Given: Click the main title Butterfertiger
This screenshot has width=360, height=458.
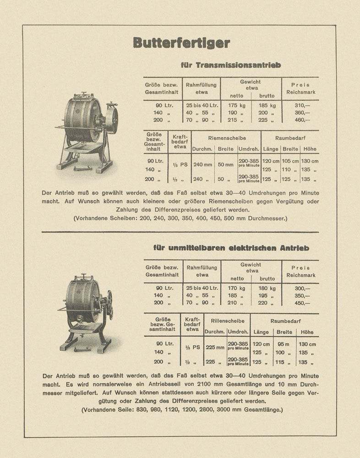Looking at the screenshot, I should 181,43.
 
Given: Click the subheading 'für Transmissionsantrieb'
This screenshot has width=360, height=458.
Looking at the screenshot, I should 231,65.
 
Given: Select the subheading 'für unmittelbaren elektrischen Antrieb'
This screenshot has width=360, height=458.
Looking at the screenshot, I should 231,248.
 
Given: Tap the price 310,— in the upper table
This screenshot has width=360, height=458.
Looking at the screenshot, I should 302,105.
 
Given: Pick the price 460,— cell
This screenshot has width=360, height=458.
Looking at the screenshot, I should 302,120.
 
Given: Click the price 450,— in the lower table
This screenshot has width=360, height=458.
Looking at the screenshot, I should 302,303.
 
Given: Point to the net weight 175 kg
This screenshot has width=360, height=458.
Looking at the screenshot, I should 237,105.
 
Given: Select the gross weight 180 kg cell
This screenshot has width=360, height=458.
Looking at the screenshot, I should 267,288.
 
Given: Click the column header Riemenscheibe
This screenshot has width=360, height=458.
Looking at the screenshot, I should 227,137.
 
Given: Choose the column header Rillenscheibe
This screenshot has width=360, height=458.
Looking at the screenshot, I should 227,321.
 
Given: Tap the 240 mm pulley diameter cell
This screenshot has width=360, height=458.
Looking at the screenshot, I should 202,164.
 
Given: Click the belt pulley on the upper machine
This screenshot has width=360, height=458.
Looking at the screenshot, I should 110,117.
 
